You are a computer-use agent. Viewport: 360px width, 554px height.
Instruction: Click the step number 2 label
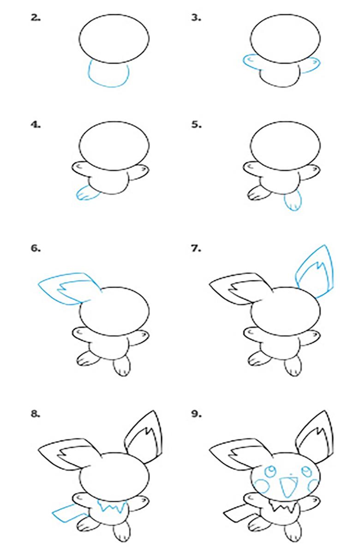(x=36, y=18)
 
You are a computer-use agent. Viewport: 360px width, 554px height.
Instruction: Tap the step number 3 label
(x=196, y=18)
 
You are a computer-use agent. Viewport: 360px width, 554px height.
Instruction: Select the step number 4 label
(x=36, y=125)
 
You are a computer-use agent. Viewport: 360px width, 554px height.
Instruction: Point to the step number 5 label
(x=196, y=125)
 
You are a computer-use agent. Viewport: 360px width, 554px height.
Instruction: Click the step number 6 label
(x=36, y=248)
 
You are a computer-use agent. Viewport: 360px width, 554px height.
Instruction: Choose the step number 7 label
(x=196, y=248)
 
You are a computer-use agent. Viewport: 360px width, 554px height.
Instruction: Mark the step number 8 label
(x=36, y=414)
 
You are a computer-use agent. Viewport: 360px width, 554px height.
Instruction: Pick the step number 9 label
(x=196, y=414)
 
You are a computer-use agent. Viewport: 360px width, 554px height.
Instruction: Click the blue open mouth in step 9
(x=288, y=487)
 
